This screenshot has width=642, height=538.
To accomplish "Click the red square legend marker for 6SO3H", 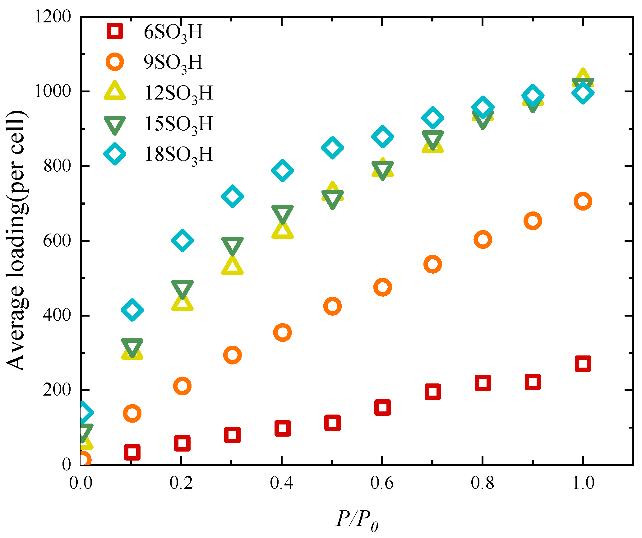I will coord(115,31).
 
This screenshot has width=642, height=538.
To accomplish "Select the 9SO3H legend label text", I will coord(173,63).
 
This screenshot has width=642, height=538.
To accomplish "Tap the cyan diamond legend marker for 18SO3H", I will coord(115,154).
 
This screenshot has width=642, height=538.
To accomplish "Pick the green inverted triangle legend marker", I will coord(115,125).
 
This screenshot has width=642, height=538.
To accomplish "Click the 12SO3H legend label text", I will coord(179,93).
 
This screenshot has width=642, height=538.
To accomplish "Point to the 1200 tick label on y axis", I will coord(53,16).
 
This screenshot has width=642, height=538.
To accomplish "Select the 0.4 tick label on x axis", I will coord(281,483).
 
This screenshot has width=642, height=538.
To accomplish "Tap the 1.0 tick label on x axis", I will coord(583,483).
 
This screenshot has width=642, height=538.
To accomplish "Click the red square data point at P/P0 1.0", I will coord(583,364).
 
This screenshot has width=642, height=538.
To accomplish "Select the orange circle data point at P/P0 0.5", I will coord(332,306).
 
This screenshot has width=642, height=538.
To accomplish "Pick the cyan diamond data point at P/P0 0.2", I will coord(182,240).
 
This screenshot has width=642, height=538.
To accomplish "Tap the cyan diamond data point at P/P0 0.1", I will coord(132,310).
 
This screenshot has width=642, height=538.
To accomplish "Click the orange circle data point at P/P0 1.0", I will coord(583,201).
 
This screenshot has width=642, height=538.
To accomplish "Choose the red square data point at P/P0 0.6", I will coord(382,407).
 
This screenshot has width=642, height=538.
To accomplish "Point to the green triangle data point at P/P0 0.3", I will coord(232,246).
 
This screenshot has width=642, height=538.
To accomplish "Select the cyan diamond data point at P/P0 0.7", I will coord(433,118).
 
